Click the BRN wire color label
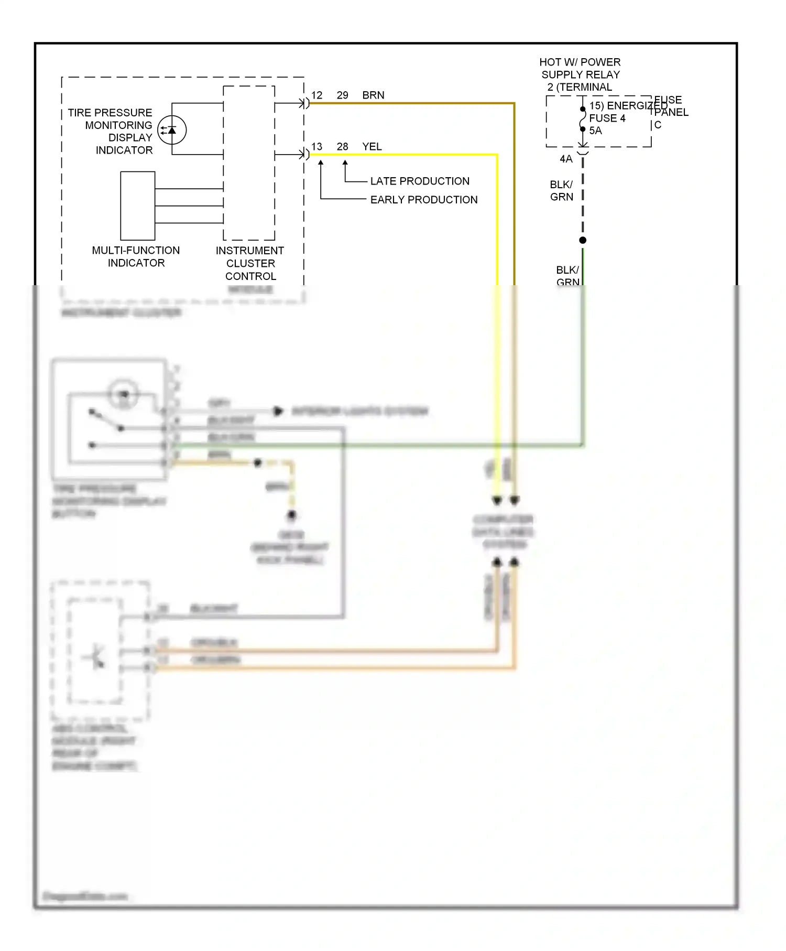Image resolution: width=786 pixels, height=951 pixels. (373, 95)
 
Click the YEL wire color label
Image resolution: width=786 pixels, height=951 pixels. (372, 147)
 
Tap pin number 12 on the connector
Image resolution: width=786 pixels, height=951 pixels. (316, 95)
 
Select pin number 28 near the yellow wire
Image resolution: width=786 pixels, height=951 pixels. (342, 147)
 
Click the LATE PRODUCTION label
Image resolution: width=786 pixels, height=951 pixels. (420, 181)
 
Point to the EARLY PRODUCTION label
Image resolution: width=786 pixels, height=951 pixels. (423, 200)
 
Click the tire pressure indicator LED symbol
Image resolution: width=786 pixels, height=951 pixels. (172, 129)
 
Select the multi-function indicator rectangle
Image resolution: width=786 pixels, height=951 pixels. (138, 206)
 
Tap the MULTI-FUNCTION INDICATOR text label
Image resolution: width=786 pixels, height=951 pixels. (136, 257)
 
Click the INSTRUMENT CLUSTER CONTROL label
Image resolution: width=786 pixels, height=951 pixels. (250, 263)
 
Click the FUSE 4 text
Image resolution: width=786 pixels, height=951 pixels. (607, 118)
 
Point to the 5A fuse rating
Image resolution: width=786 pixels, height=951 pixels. (595, 131)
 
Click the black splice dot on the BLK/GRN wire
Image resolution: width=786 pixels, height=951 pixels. (583, 240)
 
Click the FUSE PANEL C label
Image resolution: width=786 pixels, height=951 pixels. (670, 112)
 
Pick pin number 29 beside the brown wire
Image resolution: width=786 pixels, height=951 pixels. (342, 95)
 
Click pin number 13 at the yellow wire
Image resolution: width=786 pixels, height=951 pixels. (316, 147)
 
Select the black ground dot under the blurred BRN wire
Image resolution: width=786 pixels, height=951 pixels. (292, 515)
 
